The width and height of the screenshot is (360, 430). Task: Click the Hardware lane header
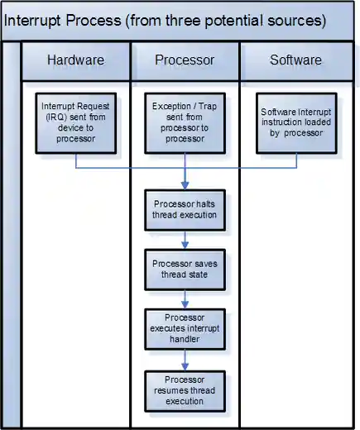pos(75,60)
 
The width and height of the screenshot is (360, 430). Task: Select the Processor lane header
pos(185,60)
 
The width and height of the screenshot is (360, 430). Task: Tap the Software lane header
pos(296,60)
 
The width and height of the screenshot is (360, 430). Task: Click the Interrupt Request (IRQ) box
pos(75,122)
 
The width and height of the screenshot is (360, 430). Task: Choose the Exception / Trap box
pos(185,122)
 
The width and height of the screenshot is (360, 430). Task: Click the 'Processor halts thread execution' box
pos(185,209)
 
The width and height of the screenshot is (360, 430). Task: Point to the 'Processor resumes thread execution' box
pos(185,389)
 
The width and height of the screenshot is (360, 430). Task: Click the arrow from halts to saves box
pos(185,240)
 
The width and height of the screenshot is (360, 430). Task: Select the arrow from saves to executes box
pos(185,299)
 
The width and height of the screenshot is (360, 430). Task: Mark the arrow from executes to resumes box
pos(185,360)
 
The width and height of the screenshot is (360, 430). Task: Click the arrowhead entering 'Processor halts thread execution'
pos(185,186)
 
